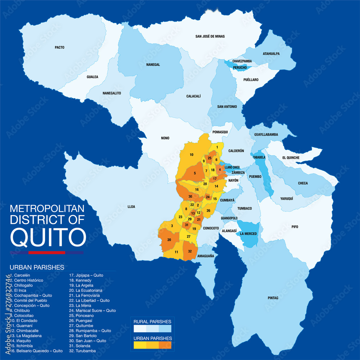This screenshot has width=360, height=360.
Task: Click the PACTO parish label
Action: click(59, 47)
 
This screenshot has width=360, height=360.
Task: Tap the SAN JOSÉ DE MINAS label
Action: click(210, 36)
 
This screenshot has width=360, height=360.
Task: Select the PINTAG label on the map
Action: click(273, 298)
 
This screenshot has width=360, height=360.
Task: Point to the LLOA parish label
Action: click(131, 207)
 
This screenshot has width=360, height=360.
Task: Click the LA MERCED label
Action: click(248, 234)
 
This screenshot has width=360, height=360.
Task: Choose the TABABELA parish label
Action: click(259, 157)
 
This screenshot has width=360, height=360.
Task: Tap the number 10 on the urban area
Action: click(192, 154)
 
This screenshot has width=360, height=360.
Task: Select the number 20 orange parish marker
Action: click(169, 239)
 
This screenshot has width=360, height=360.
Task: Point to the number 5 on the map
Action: click(195, 173)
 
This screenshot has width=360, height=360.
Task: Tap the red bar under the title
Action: click(47, 252)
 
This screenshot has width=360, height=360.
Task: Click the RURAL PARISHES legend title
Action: click(152, 321)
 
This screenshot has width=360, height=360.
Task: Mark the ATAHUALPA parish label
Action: click(271, 54)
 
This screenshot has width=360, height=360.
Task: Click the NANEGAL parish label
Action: click(153, 65)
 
